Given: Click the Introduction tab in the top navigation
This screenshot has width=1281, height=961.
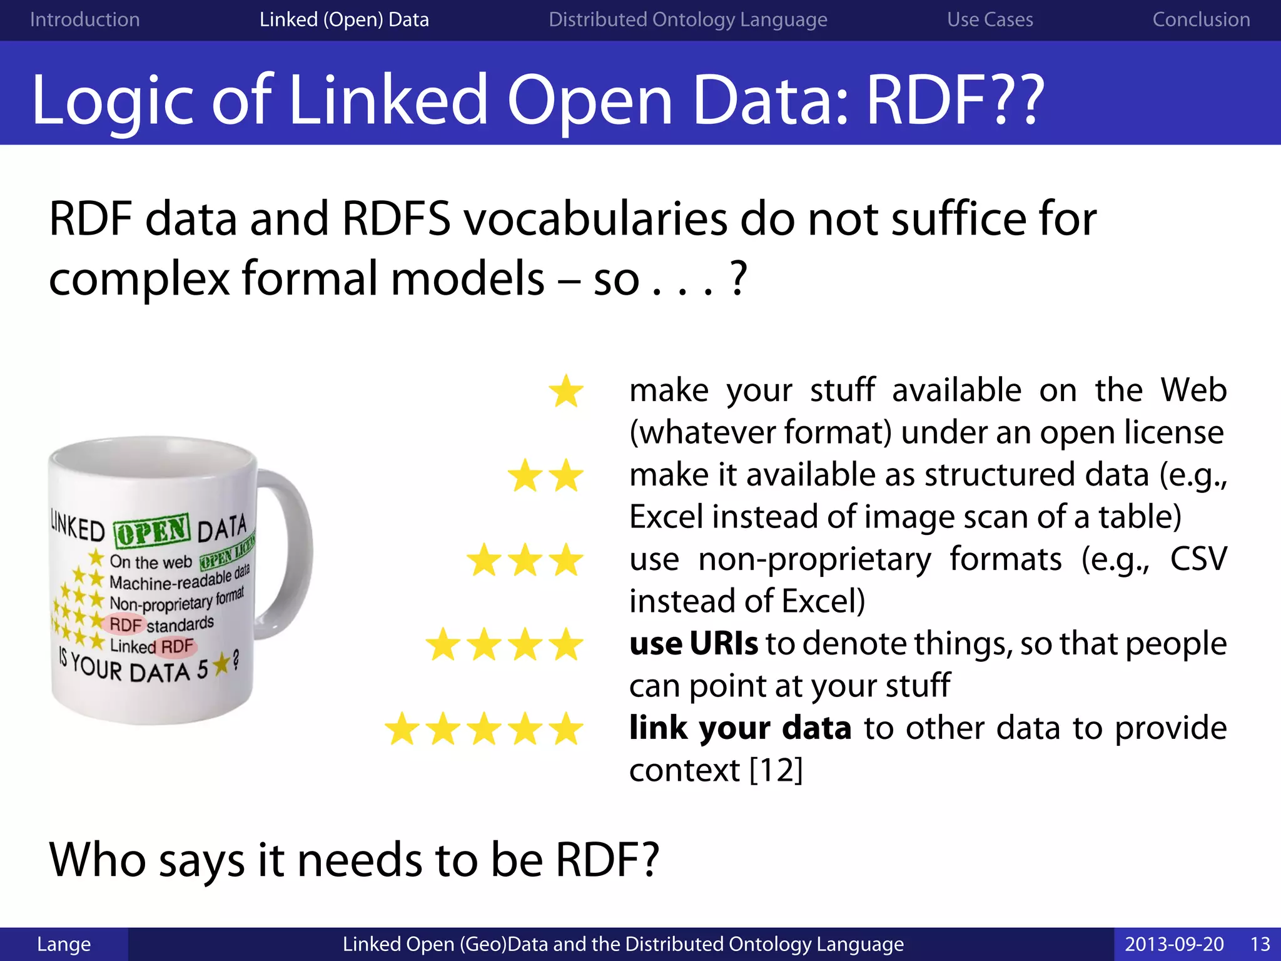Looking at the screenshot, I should pos(84,20).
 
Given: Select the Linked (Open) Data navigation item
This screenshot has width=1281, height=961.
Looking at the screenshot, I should pos(344,20).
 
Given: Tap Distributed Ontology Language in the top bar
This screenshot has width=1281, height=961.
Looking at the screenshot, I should pos(687,20).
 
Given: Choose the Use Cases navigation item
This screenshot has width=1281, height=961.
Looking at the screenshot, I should pos(990,20).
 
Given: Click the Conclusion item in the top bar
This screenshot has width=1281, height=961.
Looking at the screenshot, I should pos(1201,20).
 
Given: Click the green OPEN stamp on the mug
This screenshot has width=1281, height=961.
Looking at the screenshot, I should pos(152,531).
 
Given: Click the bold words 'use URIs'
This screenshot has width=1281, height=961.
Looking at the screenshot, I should pos(693,644).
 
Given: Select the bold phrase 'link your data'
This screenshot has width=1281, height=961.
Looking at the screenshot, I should pos(740,728).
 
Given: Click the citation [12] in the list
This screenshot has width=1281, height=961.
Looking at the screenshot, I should pos(776,770).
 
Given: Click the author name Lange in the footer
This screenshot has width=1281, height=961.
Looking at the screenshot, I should pos(64,944).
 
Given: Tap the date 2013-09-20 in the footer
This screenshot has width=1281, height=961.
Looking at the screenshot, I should pos(1174,944).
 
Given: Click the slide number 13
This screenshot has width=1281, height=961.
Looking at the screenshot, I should pos(1260,944).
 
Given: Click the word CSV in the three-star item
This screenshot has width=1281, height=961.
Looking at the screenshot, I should pos(1198,559).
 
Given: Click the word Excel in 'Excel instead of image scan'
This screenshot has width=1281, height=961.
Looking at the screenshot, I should pos(664,517).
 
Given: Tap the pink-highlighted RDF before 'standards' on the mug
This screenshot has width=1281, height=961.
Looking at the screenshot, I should pos(125,624).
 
